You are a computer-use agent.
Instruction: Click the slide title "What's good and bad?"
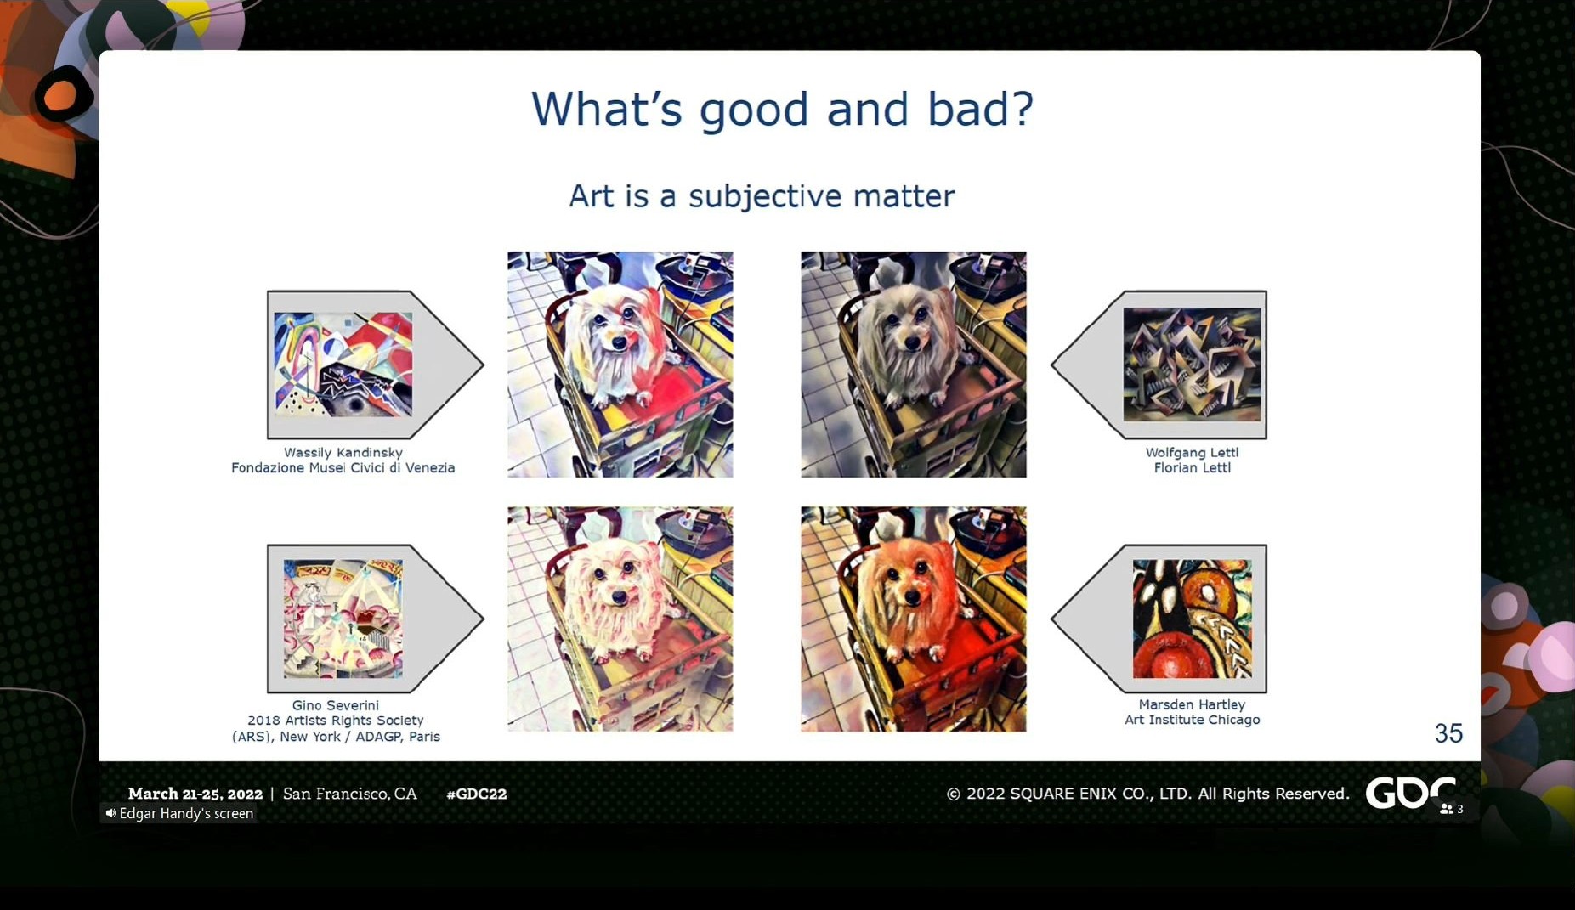782,109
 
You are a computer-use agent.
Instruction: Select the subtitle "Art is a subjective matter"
762,196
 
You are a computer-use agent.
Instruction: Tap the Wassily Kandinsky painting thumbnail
343,364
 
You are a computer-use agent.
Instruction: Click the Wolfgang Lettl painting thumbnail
1192,365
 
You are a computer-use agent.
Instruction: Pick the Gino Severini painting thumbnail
343,619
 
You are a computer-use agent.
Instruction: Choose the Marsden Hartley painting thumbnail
1192,619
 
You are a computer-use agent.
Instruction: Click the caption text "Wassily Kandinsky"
343,453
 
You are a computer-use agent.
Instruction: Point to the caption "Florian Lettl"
1192,468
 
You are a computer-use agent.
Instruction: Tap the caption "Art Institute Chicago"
1192,720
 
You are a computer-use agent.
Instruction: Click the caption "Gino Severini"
336,705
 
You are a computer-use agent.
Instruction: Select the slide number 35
1448,733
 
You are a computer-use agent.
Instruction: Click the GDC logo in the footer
1410,793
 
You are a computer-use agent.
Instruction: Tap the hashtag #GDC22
477,794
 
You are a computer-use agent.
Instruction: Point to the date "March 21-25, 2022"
195,794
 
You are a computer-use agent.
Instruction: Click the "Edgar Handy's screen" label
179,813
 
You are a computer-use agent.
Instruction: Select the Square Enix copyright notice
1147,794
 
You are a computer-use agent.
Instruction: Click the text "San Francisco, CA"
350,794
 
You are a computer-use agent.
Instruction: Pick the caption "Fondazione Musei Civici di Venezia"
343,468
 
